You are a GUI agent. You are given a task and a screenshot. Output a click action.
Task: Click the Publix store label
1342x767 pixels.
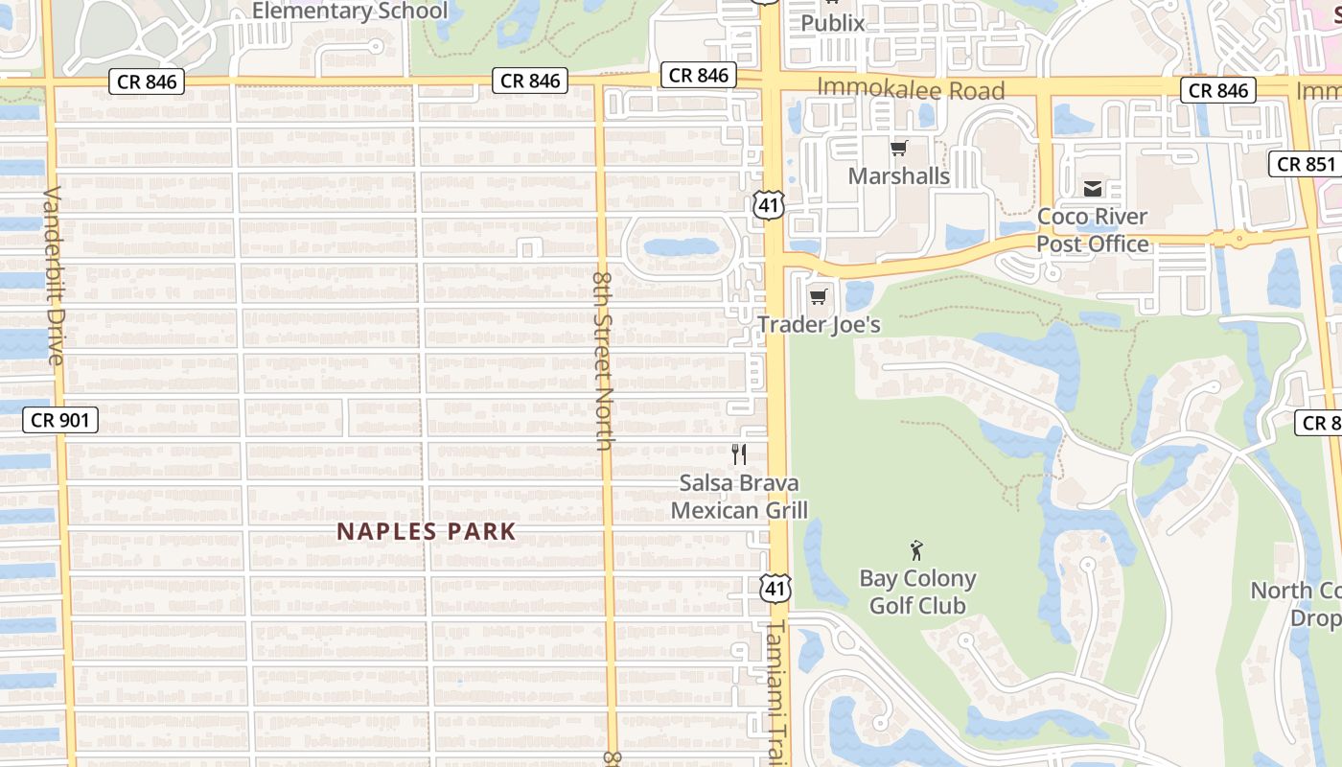click(x=832, y=23)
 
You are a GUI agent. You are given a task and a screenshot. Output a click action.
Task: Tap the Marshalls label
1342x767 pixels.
click(x=899, y=176)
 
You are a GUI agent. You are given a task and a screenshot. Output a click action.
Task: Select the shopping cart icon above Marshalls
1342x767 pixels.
click(x=899, y=148)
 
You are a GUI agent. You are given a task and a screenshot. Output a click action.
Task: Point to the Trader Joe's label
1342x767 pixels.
click(x=819, y=325)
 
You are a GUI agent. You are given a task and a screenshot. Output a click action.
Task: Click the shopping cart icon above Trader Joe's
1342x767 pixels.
click(x=818, y=296)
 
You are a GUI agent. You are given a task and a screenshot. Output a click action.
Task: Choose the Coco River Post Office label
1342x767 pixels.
click(x=1093, y=230)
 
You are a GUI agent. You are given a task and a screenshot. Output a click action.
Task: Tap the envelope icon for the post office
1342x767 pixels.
click(x=1093, y=189)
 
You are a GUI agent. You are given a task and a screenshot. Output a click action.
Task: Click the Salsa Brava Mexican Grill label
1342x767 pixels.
click(x=739, y=497)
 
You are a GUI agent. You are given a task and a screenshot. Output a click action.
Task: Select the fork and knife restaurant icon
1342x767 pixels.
click(x=739, y=454)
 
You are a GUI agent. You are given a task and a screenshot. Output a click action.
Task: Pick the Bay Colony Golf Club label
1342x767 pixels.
click(x=917, y=593)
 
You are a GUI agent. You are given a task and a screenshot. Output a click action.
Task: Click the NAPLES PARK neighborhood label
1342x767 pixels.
click(x=427, y=531)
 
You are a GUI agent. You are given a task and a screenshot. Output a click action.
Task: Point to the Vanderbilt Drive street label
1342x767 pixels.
click(x=53, y=275)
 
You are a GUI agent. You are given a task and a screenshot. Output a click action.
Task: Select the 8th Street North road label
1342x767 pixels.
click(x=603, y=360)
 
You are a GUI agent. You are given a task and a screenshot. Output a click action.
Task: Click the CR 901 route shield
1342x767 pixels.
click(x=60, y=420)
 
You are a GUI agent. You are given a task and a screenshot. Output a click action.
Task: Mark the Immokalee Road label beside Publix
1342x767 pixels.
click(x=911, y=91)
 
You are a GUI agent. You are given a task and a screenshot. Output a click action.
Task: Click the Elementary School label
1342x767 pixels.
click(x=350, y=12)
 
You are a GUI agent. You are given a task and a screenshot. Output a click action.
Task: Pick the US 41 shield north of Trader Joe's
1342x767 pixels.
click(x=769, y=204)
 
